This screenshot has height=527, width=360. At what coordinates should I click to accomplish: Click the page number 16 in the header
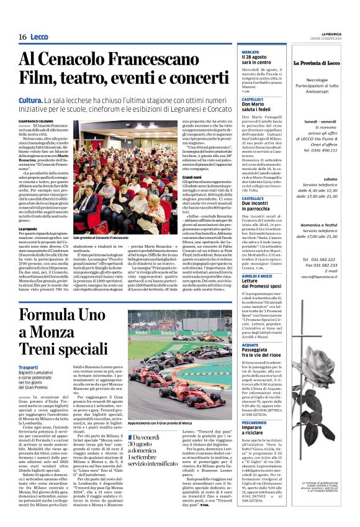(x=22, y=37)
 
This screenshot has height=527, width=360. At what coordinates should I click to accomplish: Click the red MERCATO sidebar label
(x=250, y=51)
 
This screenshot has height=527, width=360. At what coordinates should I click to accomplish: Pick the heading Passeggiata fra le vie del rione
(x=264, y=353)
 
